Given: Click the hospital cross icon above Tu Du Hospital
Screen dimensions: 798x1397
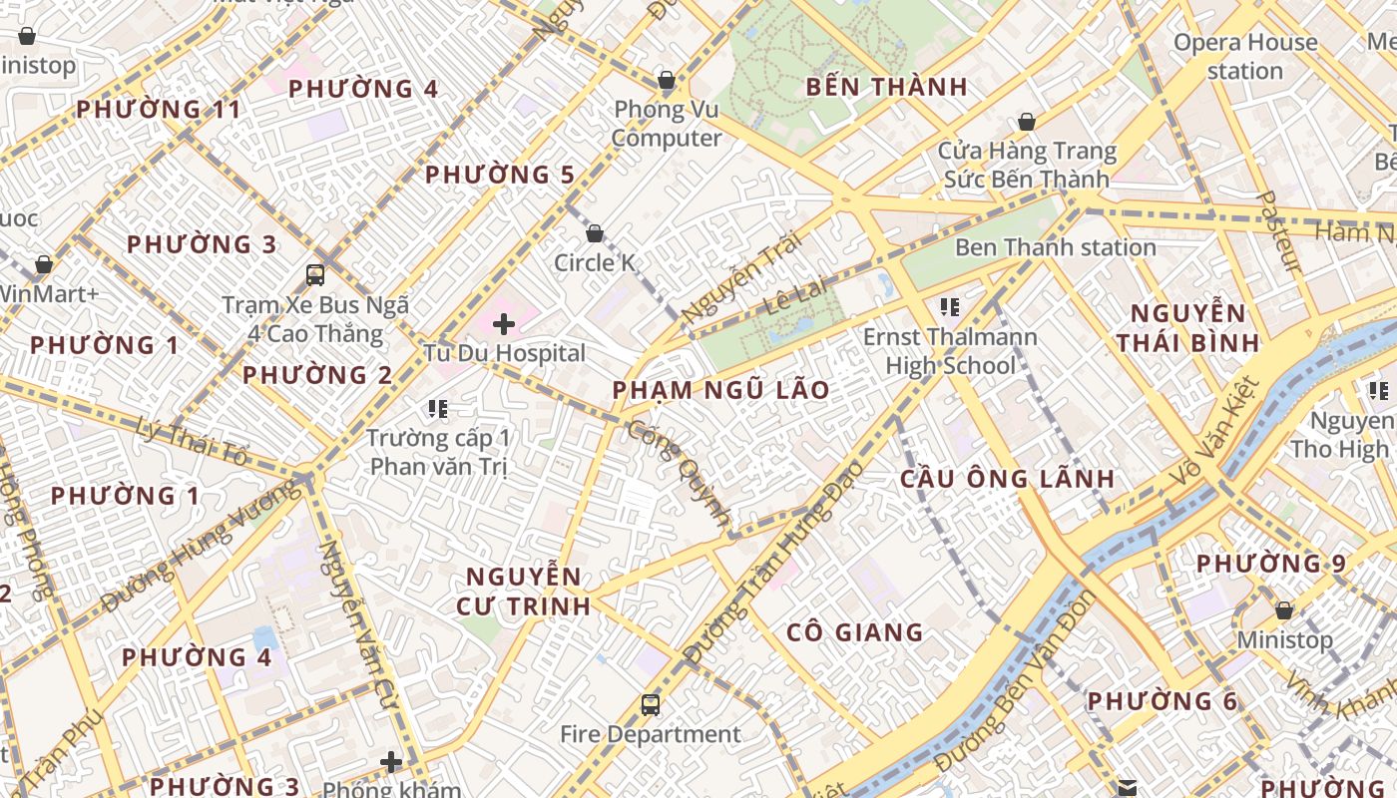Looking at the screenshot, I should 504,323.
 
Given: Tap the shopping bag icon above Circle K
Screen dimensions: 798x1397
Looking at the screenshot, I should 595,233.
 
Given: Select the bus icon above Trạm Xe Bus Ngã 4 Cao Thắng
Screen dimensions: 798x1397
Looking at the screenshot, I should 315,274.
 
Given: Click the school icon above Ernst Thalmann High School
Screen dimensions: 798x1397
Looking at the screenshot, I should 949,307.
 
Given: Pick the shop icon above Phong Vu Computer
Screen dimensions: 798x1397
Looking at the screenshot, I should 666,80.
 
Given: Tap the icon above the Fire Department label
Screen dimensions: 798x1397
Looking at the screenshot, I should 651,705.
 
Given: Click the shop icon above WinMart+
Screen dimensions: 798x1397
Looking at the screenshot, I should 44,264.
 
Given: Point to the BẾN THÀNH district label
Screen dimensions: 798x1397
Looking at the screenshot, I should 886,87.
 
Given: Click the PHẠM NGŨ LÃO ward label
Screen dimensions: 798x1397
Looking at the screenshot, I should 720,390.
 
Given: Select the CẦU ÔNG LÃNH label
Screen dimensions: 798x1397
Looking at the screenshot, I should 1007,479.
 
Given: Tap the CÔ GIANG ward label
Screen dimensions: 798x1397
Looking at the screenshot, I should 854,632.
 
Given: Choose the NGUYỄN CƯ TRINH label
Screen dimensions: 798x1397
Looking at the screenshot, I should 524,591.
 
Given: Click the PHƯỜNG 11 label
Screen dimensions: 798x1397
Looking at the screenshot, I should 160,110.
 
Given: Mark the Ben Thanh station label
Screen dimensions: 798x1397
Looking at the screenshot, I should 1056,247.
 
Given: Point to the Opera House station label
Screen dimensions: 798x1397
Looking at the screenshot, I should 1244,57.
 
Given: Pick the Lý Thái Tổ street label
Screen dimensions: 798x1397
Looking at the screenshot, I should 192,441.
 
